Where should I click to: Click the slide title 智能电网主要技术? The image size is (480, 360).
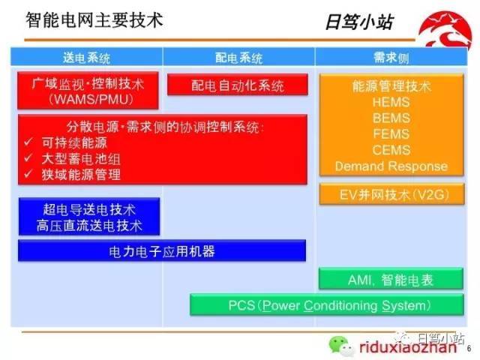click(x=94, y=20)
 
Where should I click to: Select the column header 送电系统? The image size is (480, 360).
click(x=86, y=57)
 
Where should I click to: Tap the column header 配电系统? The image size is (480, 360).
click(x=238, y=57)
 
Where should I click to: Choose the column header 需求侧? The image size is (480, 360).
click(x=391, y=57)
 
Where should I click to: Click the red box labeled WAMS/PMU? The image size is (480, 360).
click(x=88, y=91)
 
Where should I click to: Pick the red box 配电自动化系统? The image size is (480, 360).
click(x=238, y=85)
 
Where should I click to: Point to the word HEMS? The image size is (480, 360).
click(x=391, y=102)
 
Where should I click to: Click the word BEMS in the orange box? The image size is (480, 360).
click(x=391, y=118)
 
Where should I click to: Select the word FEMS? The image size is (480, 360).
click(x=391, y=134)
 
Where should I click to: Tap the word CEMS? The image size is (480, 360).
click(x=391, y=150)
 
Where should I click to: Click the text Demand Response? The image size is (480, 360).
click(x=391, y=166)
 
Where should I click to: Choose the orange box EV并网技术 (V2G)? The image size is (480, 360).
click(x=391, y=194)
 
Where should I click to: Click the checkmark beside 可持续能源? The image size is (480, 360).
click(x=28, y=142)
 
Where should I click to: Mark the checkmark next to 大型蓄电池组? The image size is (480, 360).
click(x=28, y=158)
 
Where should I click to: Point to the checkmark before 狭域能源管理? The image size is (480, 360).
click(x=28, y=174)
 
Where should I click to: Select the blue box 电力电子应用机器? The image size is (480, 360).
click(x=162, y=250)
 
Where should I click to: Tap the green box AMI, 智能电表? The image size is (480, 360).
click(x=391, y=279)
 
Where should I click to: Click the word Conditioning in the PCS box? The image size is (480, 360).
click(x=340, y=306)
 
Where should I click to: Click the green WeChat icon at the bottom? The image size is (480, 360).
click(x=341, y=346)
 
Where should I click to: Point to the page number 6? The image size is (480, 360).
click(x=469, y=348)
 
